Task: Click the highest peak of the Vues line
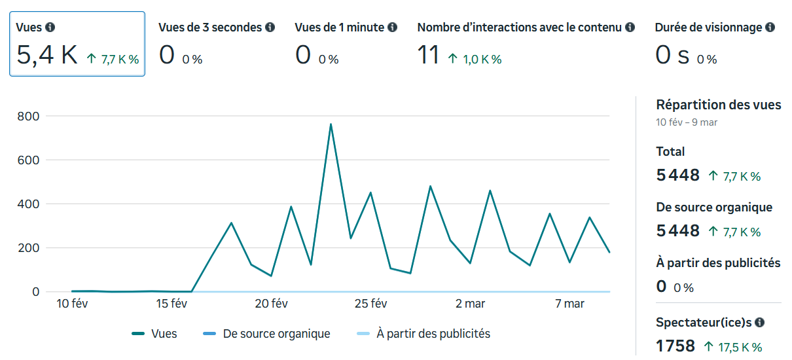[331, 124]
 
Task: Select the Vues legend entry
[164, 334]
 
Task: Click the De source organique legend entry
[276, 334]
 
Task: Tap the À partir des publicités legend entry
[433, 334]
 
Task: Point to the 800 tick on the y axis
[28, 117]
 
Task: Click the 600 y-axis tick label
[28, 160]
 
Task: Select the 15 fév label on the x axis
[171, 304]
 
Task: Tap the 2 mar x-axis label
[470, 304]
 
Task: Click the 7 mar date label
[569, 304]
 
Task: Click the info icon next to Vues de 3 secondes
[270, 27]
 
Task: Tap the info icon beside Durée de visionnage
[770, 27]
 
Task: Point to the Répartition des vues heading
[719, 105]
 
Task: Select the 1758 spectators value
[675, 346]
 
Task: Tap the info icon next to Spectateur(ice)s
[760, 323]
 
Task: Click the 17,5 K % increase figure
[740, 348]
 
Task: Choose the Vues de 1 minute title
[339, 27]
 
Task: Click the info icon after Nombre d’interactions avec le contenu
[630, 27]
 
